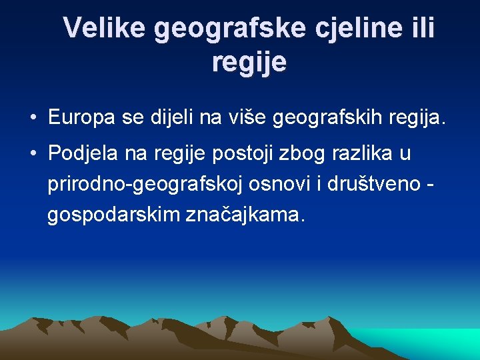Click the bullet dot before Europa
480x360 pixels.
tap(33, 119)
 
